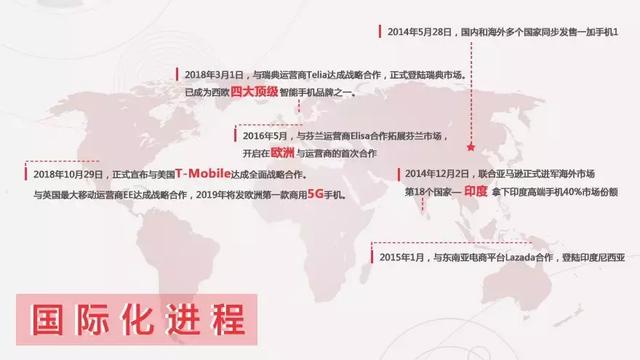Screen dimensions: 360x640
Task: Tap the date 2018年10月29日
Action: (x=57, y=173)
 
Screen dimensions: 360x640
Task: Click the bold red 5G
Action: (x=317, y=192)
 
